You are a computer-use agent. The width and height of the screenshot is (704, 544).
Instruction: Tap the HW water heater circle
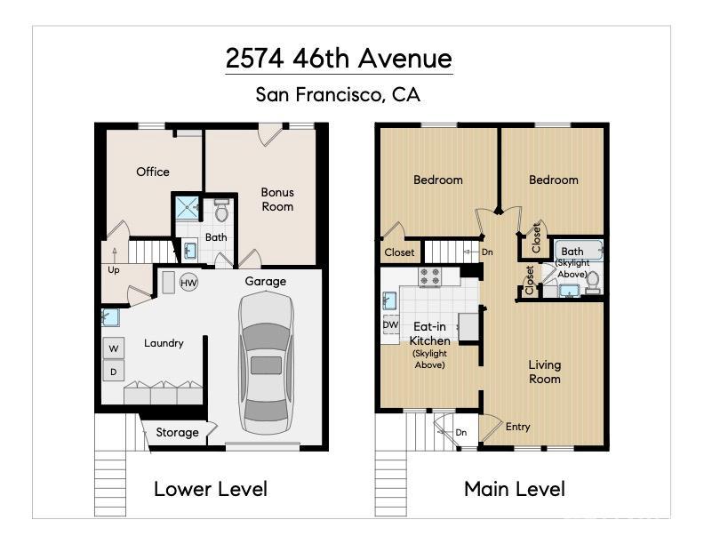pyautogui.click(x=188, y=283)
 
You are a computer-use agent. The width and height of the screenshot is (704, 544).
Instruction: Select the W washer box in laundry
pyautogui.click(x=113, y=348)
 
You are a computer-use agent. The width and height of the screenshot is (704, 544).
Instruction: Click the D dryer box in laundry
pyautogui.click(x=113, y=371)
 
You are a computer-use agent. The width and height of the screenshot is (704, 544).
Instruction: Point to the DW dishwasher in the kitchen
pyautogui.click(x=390, y=325)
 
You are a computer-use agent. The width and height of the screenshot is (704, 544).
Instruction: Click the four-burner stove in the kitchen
pyautogui.click(x=430, y=277)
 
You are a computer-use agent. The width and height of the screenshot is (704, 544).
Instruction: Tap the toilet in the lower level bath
pyautogui.click(x=221, y=211)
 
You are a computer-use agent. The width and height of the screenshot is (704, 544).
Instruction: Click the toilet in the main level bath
pyautogui.click(x=593, y=281)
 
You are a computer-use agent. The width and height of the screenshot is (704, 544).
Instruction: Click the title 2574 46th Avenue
pyautogui.click(x=339, y=59)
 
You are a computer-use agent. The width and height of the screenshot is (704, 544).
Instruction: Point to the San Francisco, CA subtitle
pyautogui.click(x=338, y=93)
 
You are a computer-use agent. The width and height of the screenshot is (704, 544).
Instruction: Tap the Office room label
pyautogui.click(x=153, y=172)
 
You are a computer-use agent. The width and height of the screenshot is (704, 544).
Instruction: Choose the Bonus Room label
pyautogui.click(x=277, y=199)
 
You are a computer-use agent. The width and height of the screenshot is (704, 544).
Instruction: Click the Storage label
pyautogui.click(x=177, y=433)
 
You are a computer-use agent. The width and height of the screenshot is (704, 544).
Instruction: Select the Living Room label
pyautogui.click(x=545, y=372)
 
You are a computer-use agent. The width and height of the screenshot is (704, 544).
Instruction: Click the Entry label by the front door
pyautogui.click(x=518, y=427)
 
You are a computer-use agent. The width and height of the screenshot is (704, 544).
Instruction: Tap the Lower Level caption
pyautogui.click(x=211, y=488)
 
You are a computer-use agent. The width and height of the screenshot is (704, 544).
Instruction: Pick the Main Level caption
pyautogui.click(x=515, y=488)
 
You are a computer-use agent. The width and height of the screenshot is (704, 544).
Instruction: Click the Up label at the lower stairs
pyautogui.click(x=113, y=269)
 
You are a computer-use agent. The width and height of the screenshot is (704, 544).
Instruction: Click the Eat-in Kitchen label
pyautogui.click(x=429, y=333)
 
